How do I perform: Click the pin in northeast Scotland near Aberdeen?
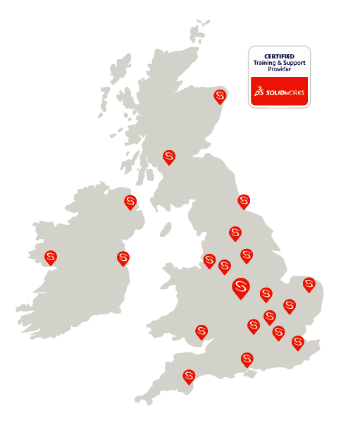tap(221, 95)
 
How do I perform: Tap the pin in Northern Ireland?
tap(130, 202)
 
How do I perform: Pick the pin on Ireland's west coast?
tap(51, 257)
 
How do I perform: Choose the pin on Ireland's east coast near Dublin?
tap(123, 257)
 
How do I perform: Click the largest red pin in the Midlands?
tap(241, 286)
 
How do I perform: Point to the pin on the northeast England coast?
tap(244, 200)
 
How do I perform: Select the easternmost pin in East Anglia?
tap(309, 283)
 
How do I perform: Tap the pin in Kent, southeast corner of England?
tap(298, 342)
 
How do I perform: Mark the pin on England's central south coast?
tap(247, 358)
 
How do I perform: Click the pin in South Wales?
tap(201, 330)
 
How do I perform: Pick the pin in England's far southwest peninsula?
tap(189, 376)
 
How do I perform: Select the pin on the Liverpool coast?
tap(209, 260)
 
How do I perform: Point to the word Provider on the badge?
tap(279, 69)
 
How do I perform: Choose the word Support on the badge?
tap(294, 63)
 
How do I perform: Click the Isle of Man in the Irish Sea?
tap(166, 230)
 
